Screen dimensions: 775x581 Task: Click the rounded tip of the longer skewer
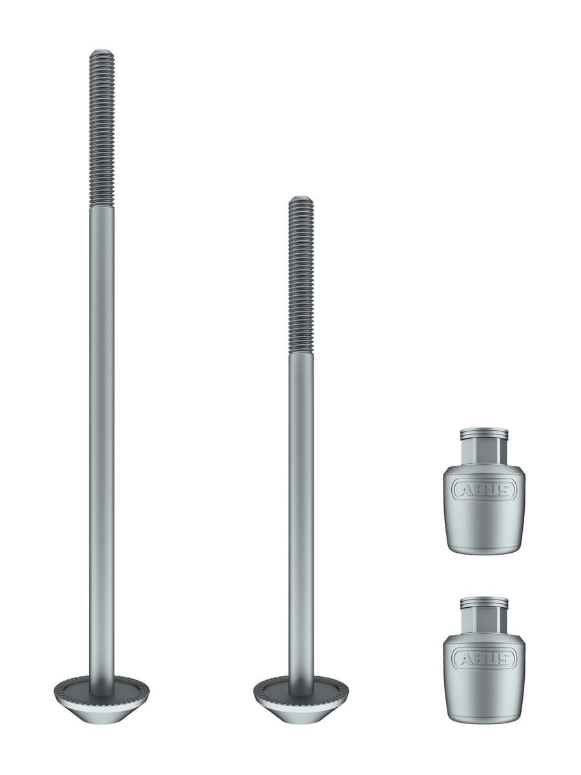(x=101, y=52)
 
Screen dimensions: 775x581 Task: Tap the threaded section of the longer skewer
(x=101, y=129)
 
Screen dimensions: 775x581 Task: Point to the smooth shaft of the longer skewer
(x=101, y=420)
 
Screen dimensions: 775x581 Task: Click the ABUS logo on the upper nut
(x=484, y=490)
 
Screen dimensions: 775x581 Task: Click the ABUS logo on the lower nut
(x=484, y=659)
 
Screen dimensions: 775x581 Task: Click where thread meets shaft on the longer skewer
(x=101, y=207)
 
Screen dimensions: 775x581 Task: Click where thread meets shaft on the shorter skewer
(x=301, y=353)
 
